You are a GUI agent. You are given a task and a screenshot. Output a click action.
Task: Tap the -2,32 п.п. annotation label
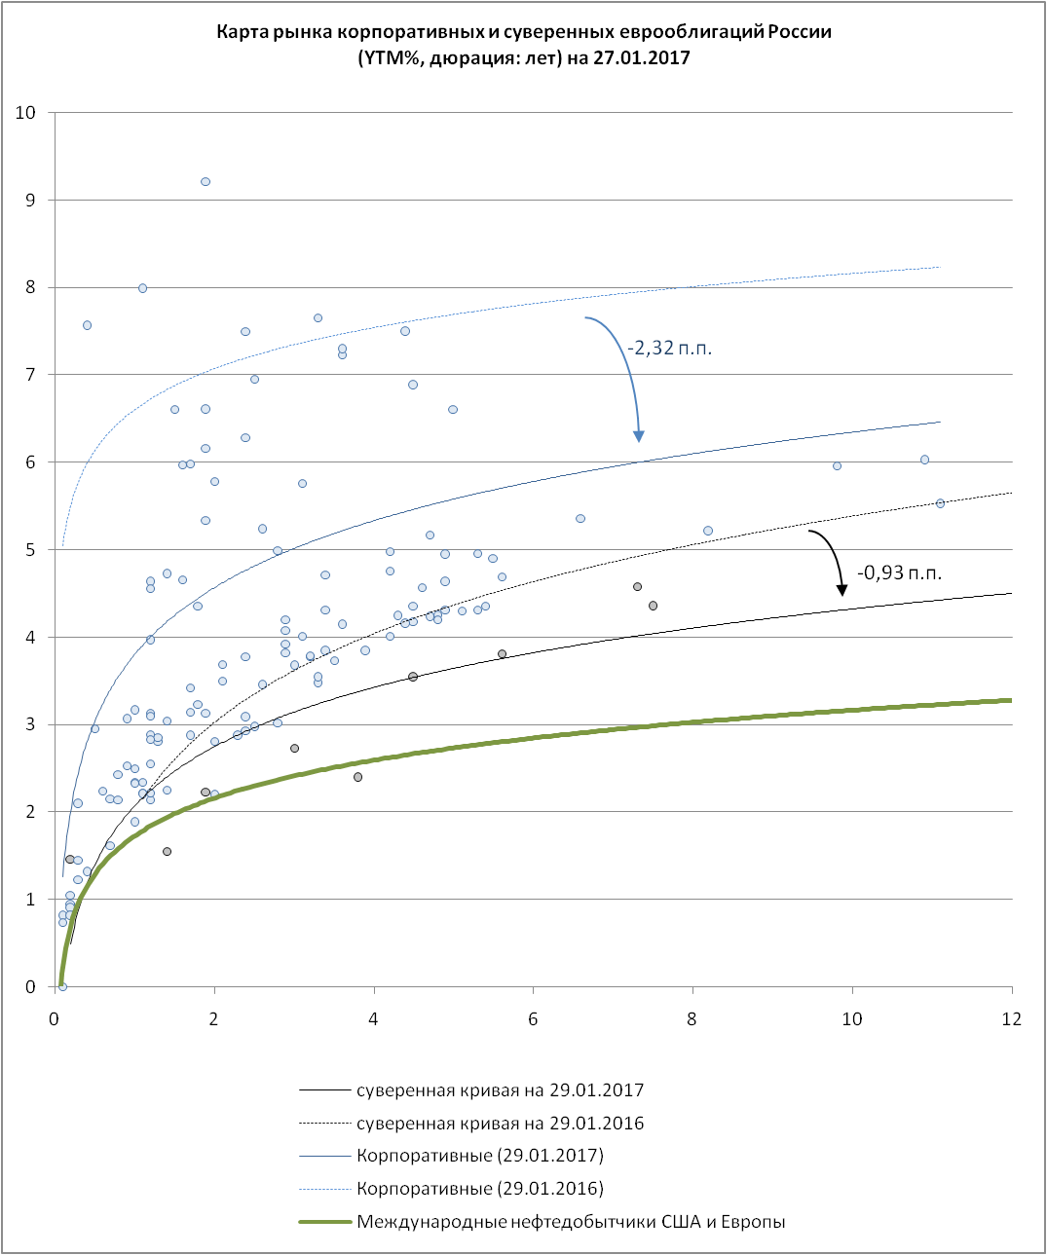pyautogui.click(x=669, y=348)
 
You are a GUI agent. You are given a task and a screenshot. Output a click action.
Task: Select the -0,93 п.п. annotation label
pyautogui.click(x=899, y=572)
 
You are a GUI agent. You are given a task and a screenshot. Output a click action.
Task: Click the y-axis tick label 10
pyautogui.click(x=25, y=113)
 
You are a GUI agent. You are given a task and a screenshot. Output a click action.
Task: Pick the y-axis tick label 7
pyautogui.click(x=30, y=375)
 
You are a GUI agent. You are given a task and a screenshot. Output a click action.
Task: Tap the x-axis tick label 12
pyautogui.click(x=1012, y=1018)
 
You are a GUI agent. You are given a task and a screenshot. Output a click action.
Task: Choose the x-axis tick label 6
pyautogui.click(x=533, y=1018)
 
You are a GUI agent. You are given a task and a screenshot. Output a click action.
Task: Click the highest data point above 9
pyautogui.click(x=206, y=182)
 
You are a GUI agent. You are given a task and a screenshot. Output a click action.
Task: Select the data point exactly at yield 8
pyautogui.click(x=142, y=288)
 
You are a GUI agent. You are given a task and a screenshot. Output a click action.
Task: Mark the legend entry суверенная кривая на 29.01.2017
pyautogui.click(x=500, y=1090)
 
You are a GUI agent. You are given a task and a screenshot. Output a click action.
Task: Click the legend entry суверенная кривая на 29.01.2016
pyautogui.click(x=500, y=1124)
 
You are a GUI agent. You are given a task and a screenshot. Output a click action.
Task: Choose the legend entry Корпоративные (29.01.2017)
pyautogui.click(x=479, y=1156)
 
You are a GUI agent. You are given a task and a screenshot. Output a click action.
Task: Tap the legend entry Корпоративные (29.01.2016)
pyautogui.click(x=479, y=1189)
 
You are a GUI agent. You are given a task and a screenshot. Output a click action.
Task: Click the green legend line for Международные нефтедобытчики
pyautogui.click(x=324, y=1222)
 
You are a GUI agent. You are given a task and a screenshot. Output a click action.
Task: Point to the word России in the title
pyautogui.click(x=799, y=31)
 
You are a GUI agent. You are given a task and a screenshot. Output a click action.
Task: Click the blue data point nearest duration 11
pyautogui.click(x=924, y=460)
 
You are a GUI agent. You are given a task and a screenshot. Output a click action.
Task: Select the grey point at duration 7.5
pyautogui.click(x=653, y=606)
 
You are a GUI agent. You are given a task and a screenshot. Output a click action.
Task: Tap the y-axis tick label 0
pyautogui.click(x=30, y=987)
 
